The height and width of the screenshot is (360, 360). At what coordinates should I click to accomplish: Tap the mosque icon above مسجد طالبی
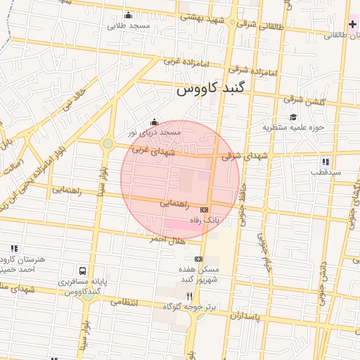point(128,15)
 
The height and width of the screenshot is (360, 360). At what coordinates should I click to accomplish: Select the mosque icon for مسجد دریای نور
point(155,122)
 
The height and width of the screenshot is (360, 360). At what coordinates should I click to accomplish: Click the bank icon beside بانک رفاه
point(204,210)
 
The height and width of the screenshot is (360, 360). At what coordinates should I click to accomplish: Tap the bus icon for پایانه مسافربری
point(84,271)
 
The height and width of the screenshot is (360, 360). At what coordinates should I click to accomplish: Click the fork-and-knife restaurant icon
point(188,296)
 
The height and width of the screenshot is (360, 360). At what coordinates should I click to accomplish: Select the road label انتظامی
point(126,302)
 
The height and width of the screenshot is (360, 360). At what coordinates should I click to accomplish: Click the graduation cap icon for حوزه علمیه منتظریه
point(292,117)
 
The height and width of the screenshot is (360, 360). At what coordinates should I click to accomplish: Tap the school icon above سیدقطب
point(325,161)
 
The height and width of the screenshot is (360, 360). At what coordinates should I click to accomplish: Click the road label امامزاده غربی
point(184,61)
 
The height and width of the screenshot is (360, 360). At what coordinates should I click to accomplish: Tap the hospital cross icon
point(352,25)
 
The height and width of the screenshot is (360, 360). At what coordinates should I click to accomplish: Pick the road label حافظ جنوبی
point(241,202)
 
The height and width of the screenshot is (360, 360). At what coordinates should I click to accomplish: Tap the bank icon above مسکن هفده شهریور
point(198,259)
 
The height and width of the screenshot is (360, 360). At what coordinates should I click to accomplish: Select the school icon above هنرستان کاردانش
point(14,248)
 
